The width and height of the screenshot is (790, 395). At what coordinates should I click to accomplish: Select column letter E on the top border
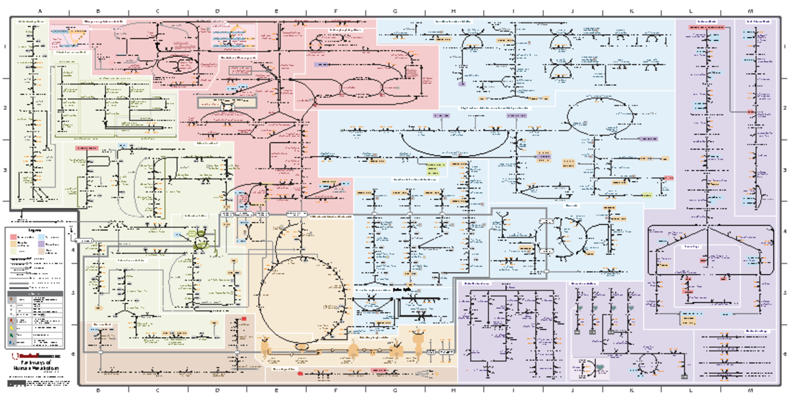pos(276,11)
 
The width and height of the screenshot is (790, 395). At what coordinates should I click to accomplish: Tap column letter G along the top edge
pos(394,11)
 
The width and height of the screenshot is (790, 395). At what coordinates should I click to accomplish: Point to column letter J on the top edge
pos(572,11)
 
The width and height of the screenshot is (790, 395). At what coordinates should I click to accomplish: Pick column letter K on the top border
pos(631,11)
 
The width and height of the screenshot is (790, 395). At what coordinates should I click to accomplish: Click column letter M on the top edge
pos(750,11)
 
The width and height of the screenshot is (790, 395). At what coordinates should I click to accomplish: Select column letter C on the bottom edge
pos(157,390)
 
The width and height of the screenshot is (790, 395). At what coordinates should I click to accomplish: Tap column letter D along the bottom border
pos(217,390)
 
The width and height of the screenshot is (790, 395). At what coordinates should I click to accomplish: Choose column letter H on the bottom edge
pos(454,390)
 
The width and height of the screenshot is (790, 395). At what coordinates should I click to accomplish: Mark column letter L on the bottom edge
pos(691,390)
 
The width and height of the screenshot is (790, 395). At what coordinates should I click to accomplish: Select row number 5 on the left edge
pos(5,294)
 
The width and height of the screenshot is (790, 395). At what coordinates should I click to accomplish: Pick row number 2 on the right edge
pos(785,108)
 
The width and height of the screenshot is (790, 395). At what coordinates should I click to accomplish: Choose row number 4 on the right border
pos(785,232)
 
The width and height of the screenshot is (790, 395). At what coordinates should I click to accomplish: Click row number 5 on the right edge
pos(785,294)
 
